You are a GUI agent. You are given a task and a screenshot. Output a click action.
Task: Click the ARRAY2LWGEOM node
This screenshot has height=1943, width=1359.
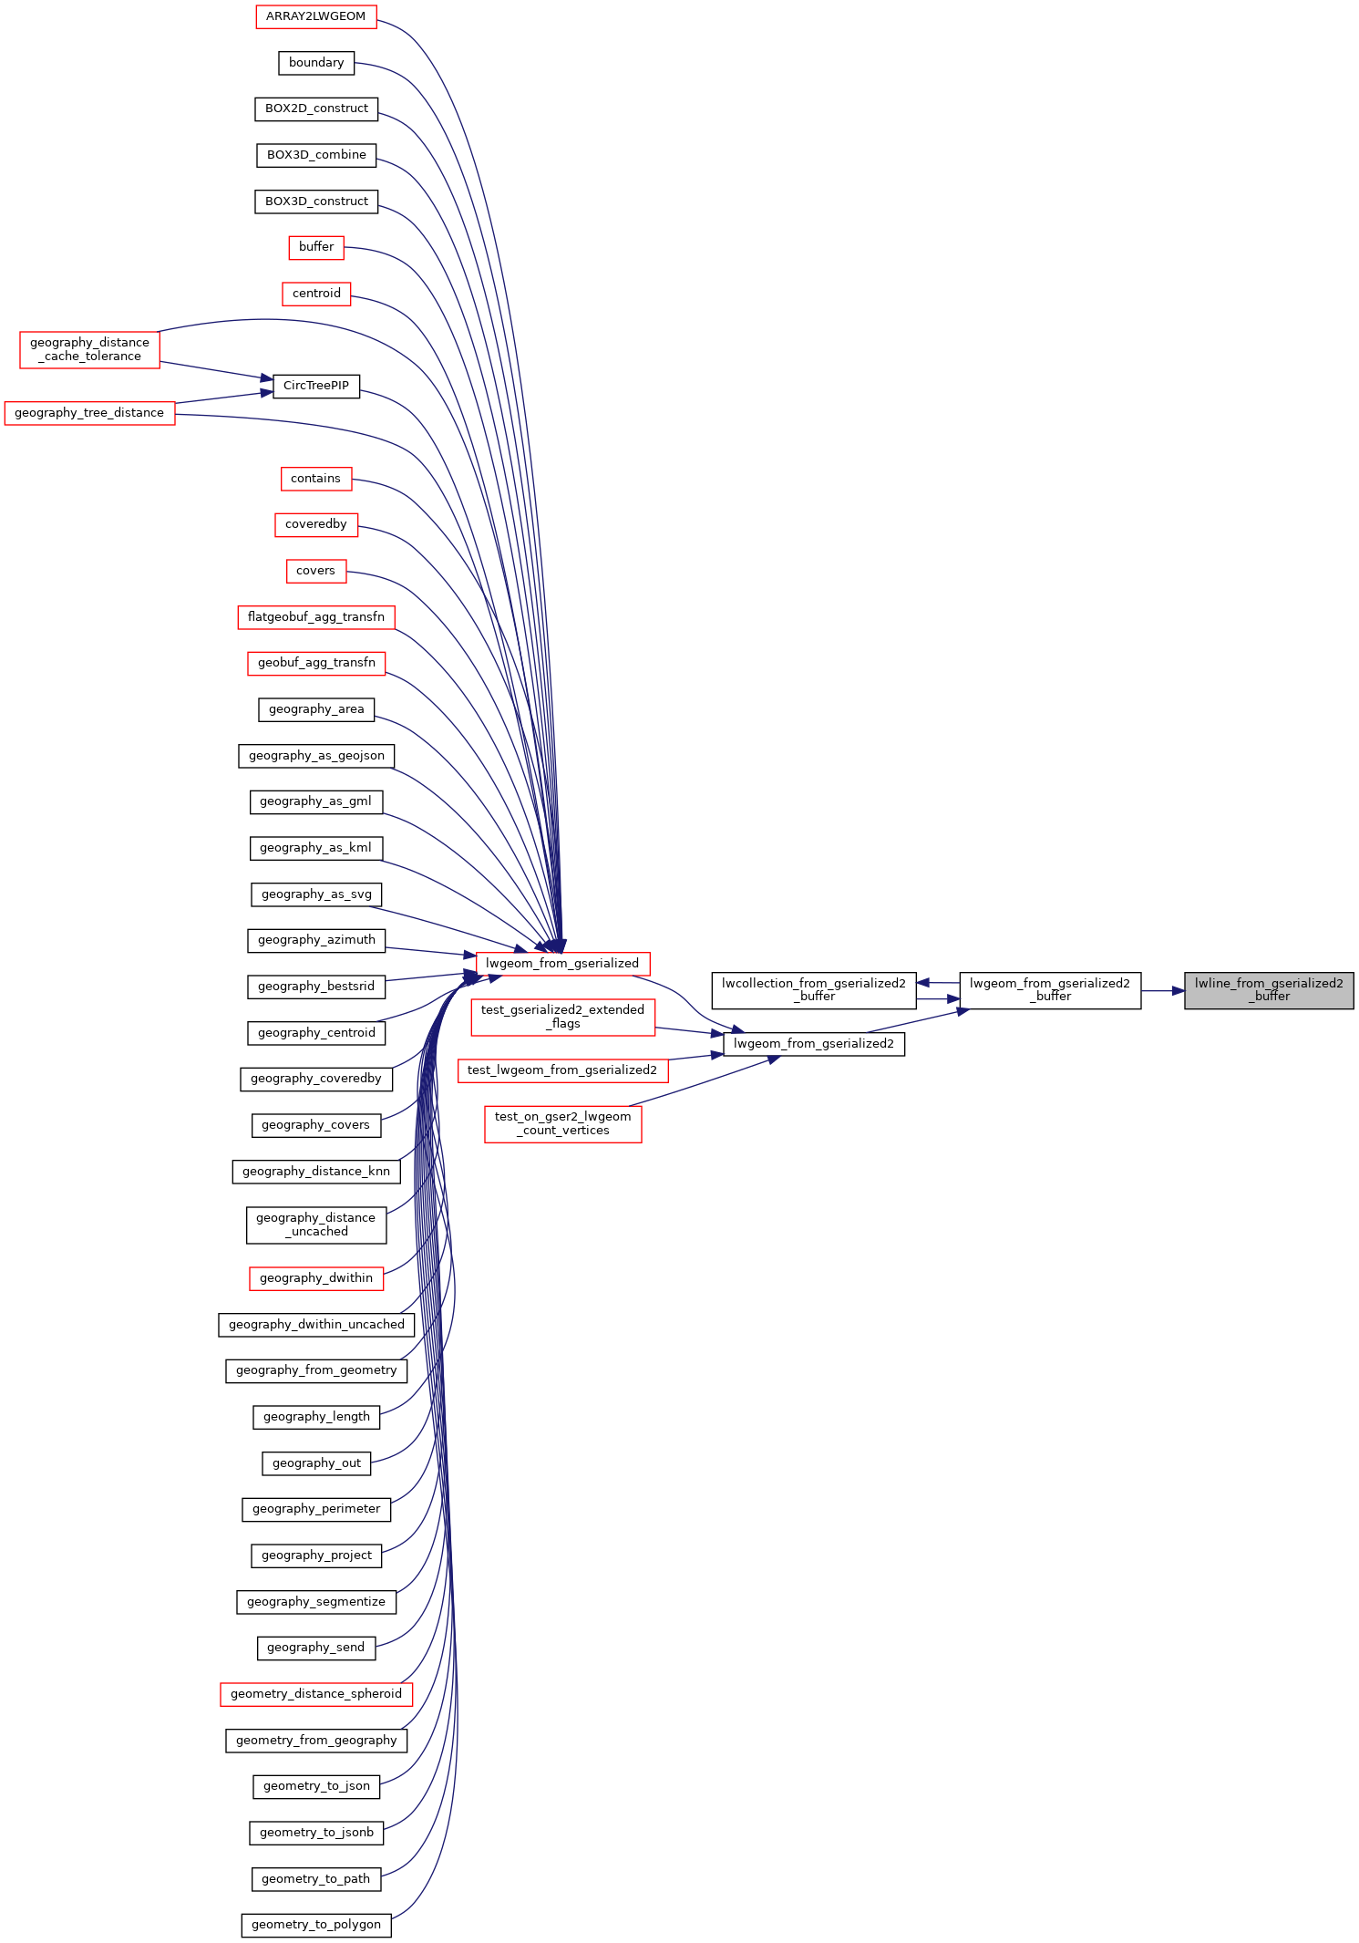[x=315, y=16]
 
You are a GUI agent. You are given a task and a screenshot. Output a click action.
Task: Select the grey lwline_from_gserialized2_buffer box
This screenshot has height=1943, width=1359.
[x=1268, y=990]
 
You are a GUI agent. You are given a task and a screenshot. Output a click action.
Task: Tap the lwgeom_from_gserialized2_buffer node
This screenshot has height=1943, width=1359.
[x=1049, y=990]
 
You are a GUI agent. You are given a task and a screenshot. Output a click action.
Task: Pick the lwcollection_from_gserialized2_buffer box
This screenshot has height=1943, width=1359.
[x=813, y=990]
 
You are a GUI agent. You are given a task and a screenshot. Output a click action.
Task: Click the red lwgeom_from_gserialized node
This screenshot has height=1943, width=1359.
[x=562, y=964]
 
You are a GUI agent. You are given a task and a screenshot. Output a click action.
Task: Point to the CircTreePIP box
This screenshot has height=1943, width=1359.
[x=316, y=386]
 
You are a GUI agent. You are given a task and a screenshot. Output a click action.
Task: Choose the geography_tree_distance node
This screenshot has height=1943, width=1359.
[x=89, y=413]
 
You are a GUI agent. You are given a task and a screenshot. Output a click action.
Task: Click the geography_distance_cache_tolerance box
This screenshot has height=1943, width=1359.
[x=89, y=350]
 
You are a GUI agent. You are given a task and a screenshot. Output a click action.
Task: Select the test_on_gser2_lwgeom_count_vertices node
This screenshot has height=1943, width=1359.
[x=562, y=1123]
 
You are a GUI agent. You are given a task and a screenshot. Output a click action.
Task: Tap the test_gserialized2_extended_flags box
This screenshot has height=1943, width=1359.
[x=562, y=1017]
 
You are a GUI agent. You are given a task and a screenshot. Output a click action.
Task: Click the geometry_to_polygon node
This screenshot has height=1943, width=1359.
[x=316, y=1925]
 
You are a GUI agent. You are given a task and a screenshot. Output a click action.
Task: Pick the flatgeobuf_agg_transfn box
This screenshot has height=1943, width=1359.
[x=316, y=617]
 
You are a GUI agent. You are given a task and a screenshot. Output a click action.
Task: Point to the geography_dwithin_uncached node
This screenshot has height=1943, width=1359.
[x=316, y=1325]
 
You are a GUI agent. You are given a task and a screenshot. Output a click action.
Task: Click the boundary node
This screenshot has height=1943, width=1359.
[x=316, y=63]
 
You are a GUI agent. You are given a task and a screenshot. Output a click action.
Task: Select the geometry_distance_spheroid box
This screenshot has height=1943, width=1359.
[x=316, y=1694]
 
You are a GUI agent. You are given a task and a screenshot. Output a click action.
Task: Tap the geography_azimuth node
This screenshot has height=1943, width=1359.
[x=316, y=940]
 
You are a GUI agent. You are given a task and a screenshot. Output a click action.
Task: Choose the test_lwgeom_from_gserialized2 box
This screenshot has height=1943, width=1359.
[x=562, y=1070]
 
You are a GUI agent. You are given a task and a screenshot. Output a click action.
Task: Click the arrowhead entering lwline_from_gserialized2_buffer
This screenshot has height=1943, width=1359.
[x=1178, y=990]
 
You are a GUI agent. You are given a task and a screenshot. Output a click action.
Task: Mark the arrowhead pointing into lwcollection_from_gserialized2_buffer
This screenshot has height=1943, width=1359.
[x=923, y=983]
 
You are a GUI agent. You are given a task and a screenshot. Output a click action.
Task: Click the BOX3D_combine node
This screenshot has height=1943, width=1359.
[x=316, y=155]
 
